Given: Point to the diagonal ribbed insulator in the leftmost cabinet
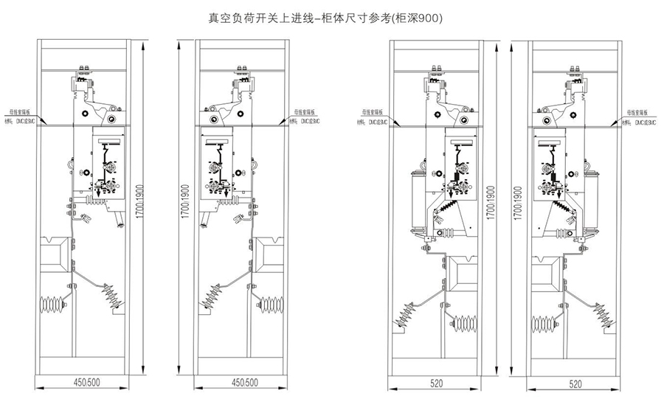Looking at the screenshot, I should (x=112, y=299).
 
